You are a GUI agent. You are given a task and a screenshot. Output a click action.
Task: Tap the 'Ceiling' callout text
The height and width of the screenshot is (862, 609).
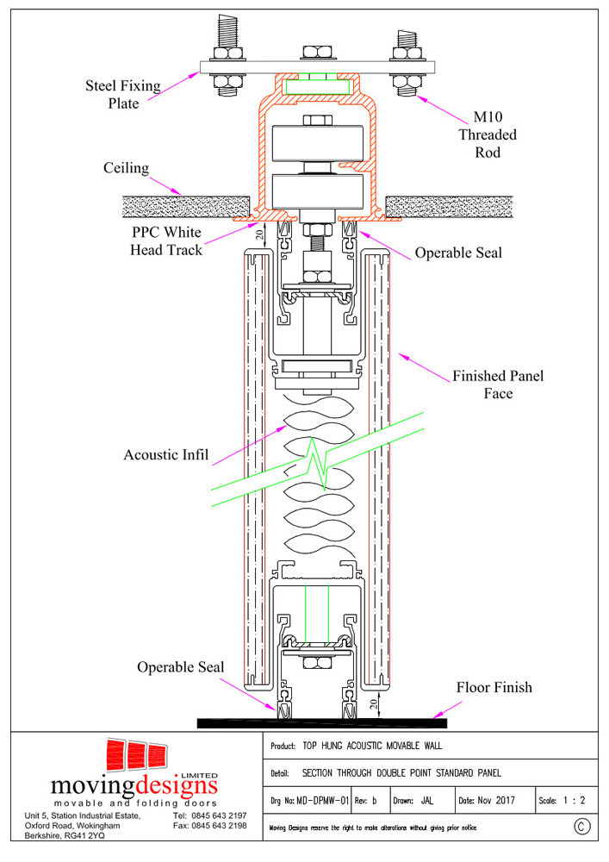click(x=127, y=168)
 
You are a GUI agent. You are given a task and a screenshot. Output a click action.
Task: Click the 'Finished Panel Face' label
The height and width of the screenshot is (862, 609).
click(x=498, y=384)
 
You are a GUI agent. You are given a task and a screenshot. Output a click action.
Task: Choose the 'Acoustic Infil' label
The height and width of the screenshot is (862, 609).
click(x=166, y=454)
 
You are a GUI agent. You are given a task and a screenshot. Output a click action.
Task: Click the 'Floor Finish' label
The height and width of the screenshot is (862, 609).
click(x=494, y=687)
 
